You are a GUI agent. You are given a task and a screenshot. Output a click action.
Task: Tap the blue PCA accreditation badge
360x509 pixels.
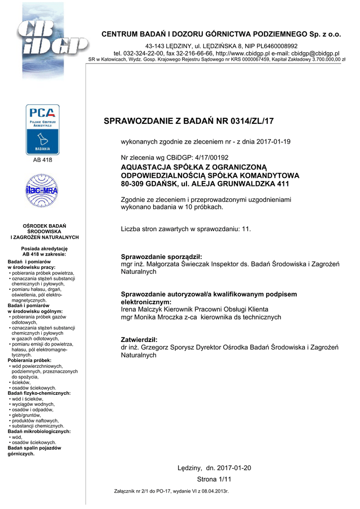tap(42, 130)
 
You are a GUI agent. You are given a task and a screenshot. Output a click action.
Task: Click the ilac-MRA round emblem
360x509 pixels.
tap(42, 191)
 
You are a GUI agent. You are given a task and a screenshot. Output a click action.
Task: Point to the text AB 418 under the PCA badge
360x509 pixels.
tap(42, 160)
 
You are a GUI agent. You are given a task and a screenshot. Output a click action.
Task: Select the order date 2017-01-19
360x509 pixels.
tap(273, 142)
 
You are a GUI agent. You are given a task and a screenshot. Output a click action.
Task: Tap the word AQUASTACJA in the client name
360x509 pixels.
tap(145, 167)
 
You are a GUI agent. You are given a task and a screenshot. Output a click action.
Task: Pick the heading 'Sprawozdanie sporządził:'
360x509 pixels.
tap(162, 256)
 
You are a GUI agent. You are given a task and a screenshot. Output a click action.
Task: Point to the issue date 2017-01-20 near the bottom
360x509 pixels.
tap(234, 468)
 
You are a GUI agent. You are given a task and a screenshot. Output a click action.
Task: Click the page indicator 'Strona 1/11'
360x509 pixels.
tap(214, 479)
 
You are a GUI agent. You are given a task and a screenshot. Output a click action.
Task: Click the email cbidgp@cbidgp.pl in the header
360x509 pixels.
tap(316, 53)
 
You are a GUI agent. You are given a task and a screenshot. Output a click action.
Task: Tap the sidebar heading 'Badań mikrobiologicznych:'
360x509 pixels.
tap(39, 431)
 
